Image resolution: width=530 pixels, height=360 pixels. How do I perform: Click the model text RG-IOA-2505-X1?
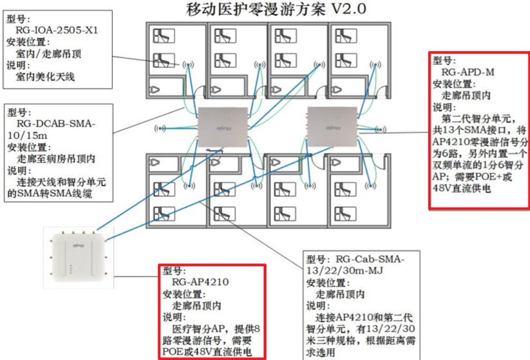coord(57,30)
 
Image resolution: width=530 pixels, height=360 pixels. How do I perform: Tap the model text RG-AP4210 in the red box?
coord(201,282)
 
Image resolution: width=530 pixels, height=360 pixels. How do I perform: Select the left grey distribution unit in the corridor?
coord(223,126)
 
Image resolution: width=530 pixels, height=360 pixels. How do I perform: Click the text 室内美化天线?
coord(45,77)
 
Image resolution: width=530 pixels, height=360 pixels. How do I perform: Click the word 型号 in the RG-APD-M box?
coord(444,61)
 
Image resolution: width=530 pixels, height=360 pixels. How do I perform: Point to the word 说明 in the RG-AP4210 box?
coord(175,317)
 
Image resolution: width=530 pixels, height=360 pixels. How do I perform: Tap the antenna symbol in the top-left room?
coord(189,65)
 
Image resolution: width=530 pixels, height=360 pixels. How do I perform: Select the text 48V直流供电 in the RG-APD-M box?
coord(460,191)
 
